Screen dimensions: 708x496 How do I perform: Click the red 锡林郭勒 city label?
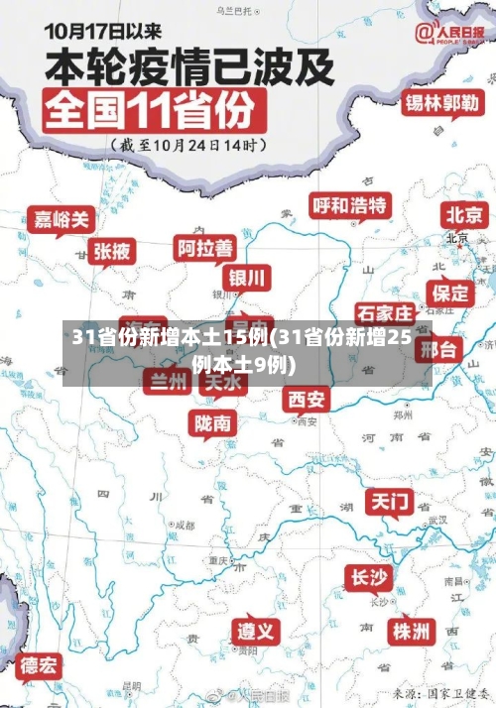(441, 102)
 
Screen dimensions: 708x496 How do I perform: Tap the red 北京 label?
(464, 214)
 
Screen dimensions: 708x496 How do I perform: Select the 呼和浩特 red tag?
(350, 205)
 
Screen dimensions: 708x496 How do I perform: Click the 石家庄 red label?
(383, 313)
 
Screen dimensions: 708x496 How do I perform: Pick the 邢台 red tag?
(436, 349)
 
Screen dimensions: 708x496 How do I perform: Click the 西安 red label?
(307, 399)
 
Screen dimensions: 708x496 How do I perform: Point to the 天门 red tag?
(390, 501)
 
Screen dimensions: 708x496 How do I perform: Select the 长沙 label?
(369, 576)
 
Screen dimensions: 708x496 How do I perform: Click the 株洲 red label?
(411, 631)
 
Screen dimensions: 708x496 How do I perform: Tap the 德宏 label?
(40, 663)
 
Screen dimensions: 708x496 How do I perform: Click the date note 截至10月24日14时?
(190, 144)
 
